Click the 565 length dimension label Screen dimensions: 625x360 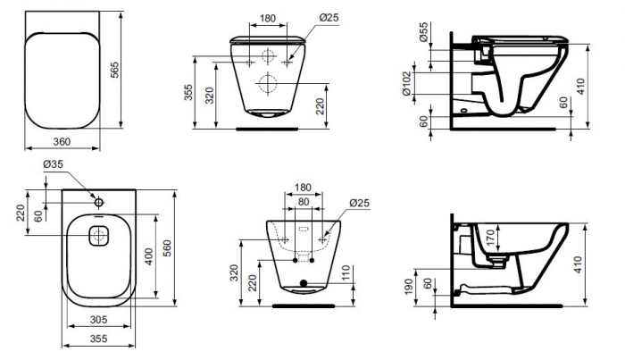114,70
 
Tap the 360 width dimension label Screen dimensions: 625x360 62,141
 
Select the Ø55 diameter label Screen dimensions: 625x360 423,31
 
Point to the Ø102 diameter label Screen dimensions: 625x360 406,84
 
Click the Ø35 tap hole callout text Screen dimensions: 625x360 53,163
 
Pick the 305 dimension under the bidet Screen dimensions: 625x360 98,319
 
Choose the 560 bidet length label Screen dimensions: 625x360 167,248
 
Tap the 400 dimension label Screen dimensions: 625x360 149,256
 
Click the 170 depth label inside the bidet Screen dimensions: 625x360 491,238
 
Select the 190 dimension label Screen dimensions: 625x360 409,287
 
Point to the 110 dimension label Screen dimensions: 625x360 346,273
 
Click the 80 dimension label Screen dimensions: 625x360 304,202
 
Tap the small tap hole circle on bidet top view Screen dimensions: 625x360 99,203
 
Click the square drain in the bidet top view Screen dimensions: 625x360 98,236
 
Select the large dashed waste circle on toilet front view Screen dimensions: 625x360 268,84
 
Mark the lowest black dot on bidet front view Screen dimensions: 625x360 304,283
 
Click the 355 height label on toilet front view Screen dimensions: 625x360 188,93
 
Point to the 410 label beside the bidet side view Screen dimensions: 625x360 579,264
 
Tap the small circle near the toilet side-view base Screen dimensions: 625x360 463,110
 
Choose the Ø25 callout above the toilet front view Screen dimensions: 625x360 329,18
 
